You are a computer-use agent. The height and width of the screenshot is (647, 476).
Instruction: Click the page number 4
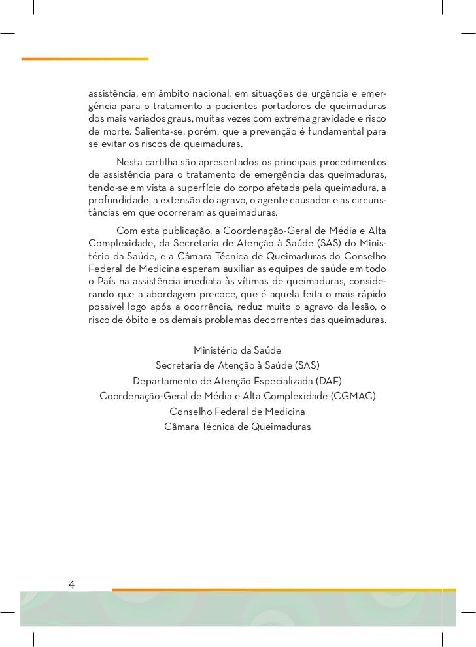[72, 584]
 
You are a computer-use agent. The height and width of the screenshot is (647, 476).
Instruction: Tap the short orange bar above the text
[85, 59]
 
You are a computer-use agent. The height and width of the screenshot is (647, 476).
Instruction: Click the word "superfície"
[209, 188]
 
